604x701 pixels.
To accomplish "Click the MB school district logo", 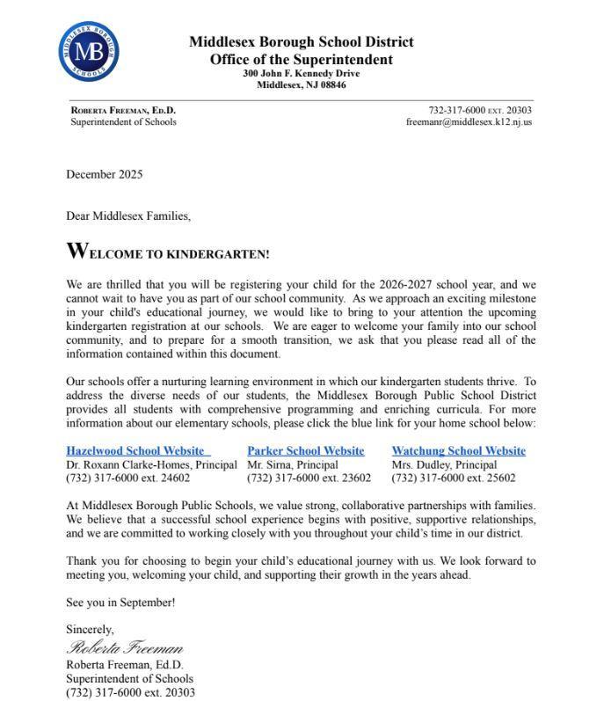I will click(x=88, y=49).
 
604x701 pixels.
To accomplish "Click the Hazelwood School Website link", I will click(x=136, y=451).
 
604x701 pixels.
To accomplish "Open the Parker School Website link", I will click(x=305, y=451).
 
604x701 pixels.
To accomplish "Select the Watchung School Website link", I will click(x=458, y=451).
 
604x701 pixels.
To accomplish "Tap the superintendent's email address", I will click(x=469, y=122).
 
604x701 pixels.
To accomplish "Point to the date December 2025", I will click(x=104, y=174).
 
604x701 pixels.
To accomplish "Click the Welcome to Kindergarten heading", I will click(x=168, y=252).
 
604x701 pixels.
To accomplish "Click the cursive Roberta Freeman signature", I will click(x=125, y=648).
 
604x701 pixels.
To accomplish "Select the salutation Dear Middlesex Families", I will click(x=128, y=215).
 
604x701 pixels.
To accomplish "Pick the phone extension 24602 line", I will click(x=127, y=478).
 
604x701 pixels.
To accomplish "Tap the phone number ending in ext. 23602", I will click(x=309, y=478).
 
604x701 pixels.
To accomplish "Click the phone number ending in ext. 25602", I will click(x=454, y=478).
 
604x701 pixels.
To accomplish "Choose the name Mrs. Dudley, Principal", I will click(x=444, y=464).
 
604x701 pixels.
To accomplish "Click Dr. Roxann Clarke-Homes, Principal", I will click(x=151, y=464).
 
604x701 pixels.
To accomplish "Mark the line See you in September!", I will click(x=120, y=602).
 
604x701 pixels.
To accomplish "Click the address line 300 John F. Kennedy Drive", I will click(x=301, y=73).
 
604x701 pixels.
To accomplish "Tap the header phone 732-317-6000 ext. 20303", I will click(x=479, y=110).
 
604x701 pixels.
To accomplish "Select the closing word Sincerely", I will click(x=90, y=630).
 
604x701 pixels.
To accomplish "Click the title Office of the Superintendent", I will click(x=301, y=59).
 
